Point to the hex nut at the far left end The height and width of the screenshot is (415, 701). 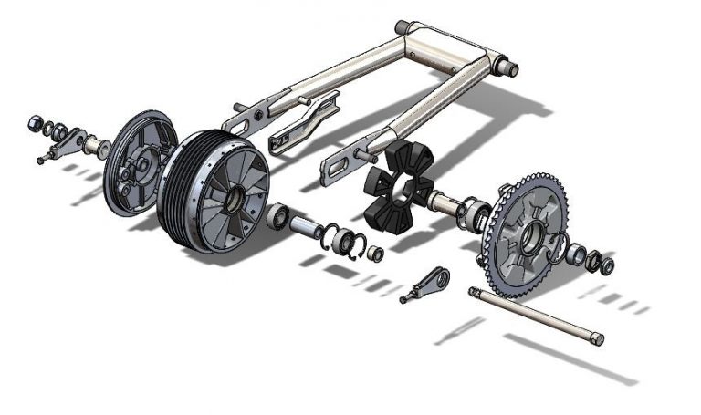(x=33, y=120)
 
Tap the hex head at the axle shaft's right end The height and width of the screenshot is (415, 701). (x=598, y=339)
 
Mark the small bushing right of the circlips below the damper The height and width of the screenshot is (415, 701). (x=375, y=254)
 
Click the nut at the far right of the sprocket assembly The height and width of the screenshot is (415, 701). (x=607, y=265)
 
